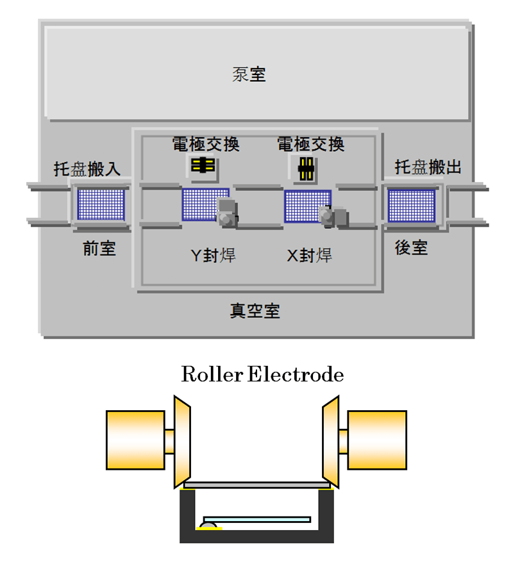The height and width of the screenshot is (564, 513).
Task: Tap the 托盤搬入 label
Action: click(x=87, y=169)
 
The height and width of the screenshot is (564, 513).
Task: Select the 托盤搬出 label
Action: click(x=428, y=167)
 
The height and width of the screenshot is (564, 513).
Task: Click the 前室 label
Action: click(x=99, y=249)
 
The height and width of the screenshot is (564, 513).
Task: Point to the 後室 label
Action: click(x=411, y=248)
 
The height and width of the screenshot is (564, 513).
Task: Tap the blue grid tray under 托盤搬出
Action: click(x=412, y=205)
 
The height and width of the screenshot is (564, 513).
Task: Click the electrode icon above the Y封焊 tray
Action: click(x=203, y=165)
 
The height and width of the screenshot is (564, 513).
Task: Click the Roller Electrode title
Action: click(x=262, y=375)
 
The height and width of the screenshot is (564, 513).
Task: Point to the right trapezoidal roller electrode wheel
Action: click(x=330, y=440)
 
